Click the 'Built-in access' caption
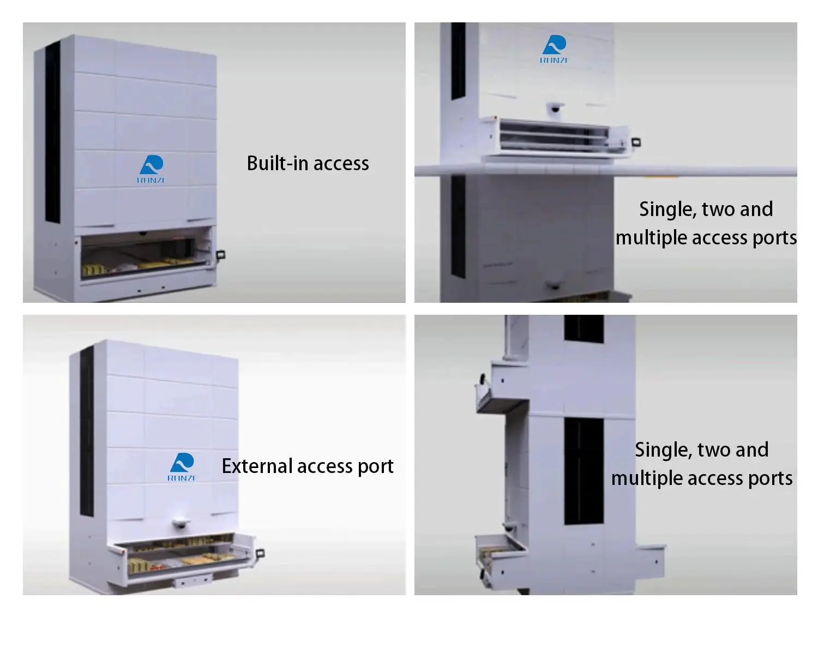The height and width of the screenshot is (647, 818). (308, 163)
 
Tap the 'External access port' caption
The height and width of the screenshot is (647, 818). (308, 466)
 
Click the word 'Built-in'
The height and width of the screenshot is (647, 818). (277, 163)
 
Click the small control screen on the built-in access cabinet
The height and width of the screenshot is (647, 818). (221, 254)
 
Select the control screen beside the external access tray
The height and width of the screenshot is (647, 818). (261, 553)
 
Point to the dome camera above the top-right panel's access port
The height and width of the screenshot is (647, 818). (555, 108)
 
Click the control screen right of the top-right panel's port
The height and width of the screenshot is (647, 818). (635, 142)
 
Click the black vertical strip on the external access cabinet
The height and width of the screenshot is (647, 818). (87, 431)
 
